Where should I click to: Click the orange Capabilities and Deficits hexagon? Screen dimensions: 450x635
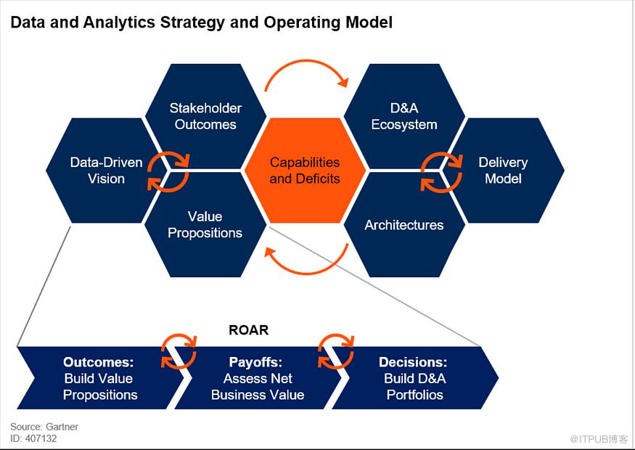[x=305, y=171]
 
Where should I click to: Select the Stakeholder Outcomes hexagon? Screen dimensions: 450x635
[x=205, y=116]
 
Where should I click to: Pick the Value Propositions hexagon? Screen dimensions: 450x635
[x=205, y=224]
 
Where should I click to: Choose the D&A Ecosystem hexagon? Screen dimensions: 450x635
[x=404, y=116]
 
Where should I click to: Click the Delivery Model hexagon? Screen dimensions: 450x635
[x=503, y=171]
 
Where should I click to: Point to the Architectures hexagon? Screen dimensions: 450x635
[x=404, y=225]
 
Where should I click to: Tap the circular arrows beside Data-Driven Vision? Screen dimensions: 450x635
[x=168, y=171]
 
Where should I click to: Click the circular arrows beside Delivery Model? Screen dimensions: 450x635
[x=442, y=171]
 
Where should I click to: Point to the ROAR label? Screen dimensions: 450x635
[x=249, y=330]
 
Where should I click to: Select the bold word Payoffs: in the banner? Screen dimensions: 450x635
[x=255, y=362]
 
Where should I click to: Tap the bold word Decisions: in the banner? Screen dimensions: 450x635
[x=413, y=362]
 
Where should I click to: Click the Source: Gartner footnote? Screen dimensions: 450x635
[x=44, y=427]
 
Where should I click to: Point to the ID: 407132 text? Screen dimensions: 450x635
[x=33, y=438]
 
